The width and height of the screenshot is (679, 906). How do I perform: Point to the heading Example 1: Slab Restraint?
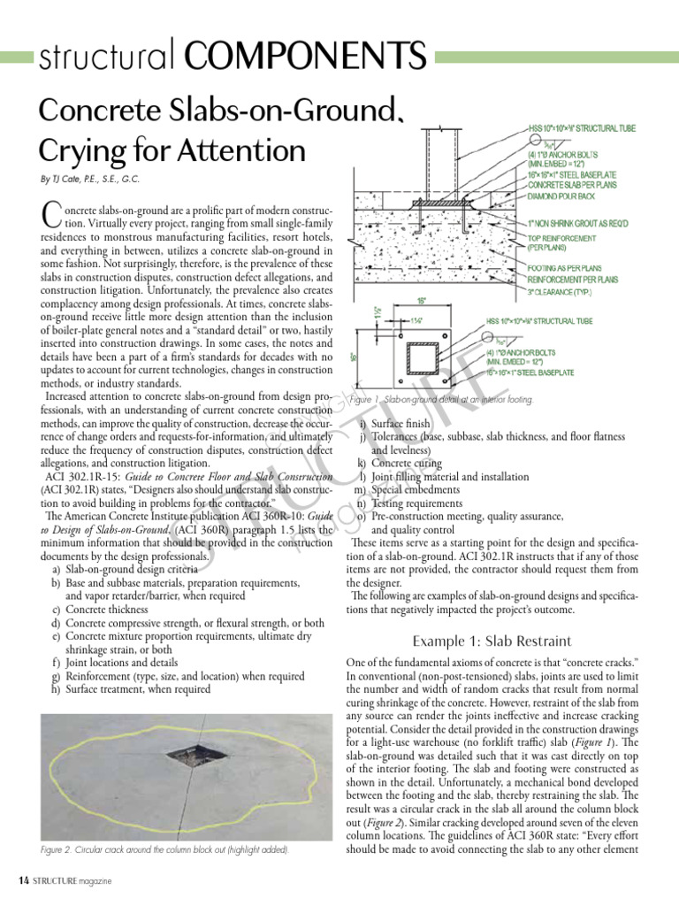tap(492, 641)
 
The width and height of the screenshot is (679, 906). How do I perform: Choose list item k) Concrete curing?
tap(399, 463)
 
